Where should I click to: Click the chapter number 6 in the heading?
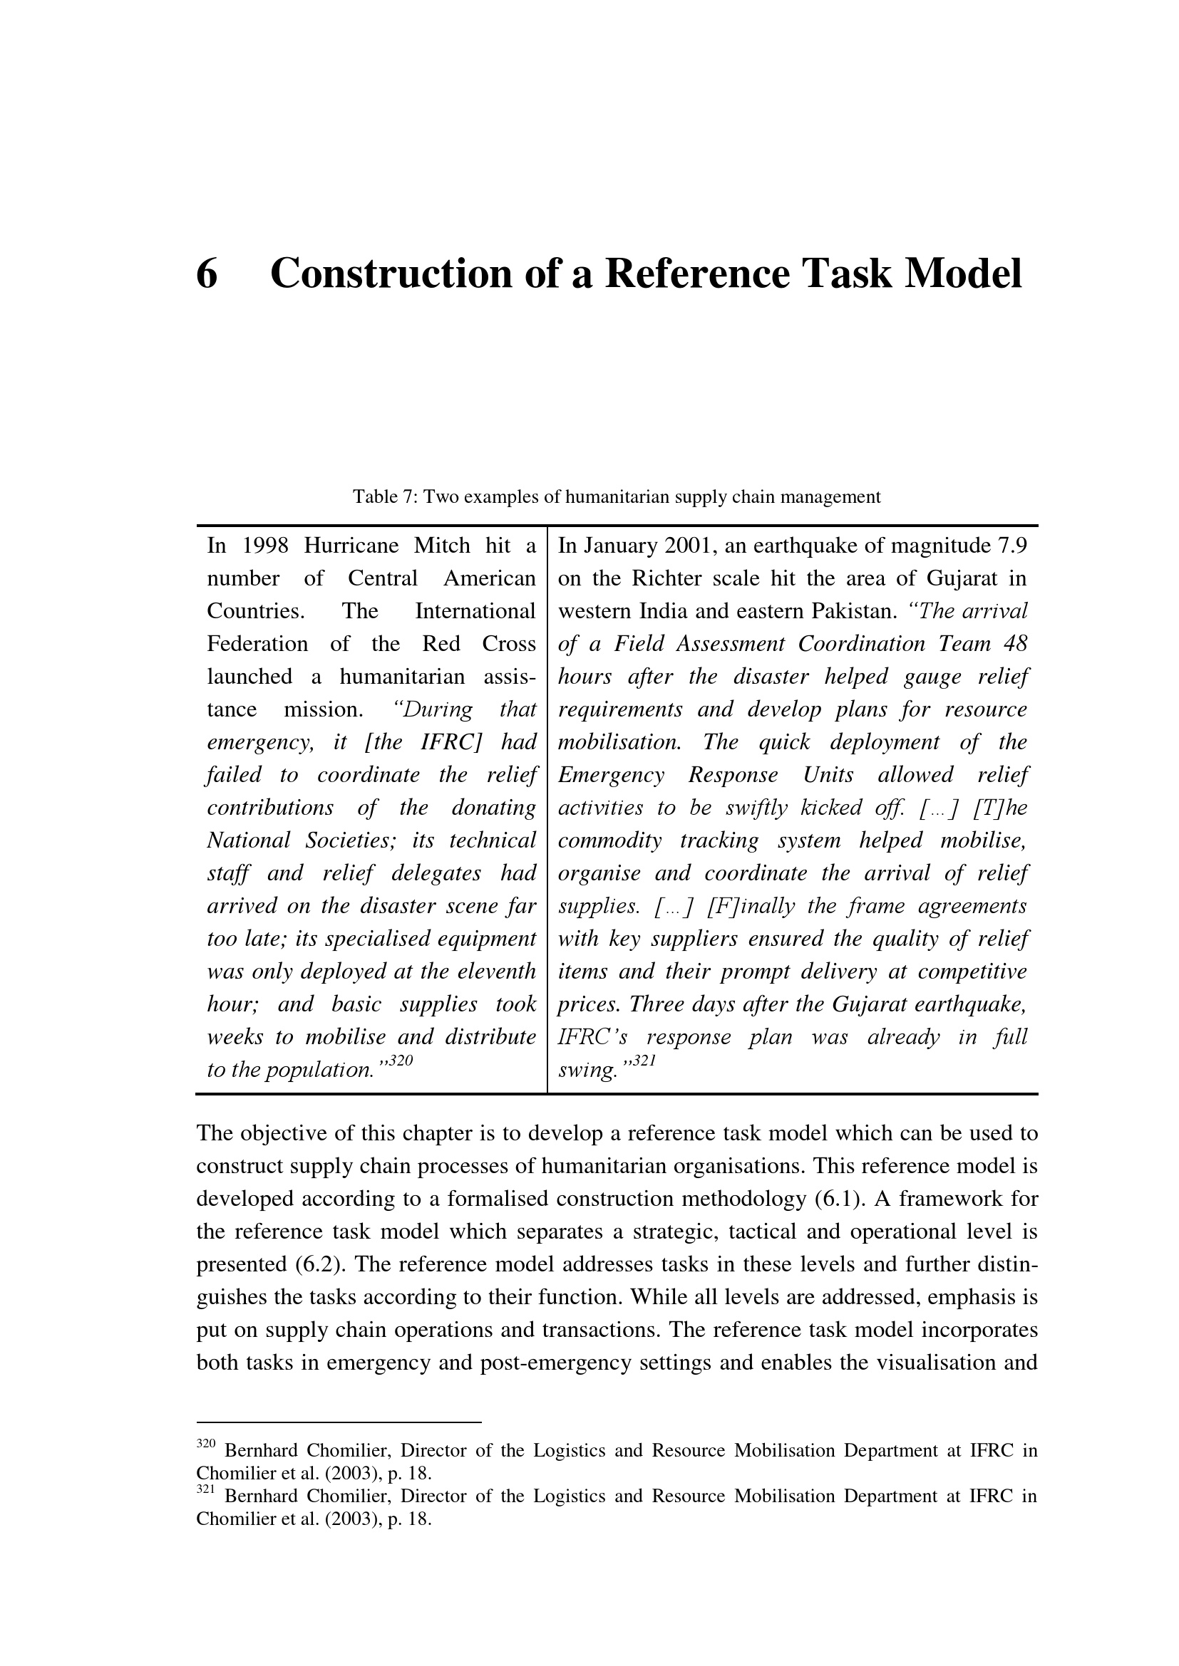pyautogui.click(x=207, y=274)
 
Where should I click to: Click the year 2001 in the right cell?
pyautogui.click(x=689, y=546)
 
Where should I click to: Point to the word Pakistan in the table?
pyautogui.click(x=855, y=611)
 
